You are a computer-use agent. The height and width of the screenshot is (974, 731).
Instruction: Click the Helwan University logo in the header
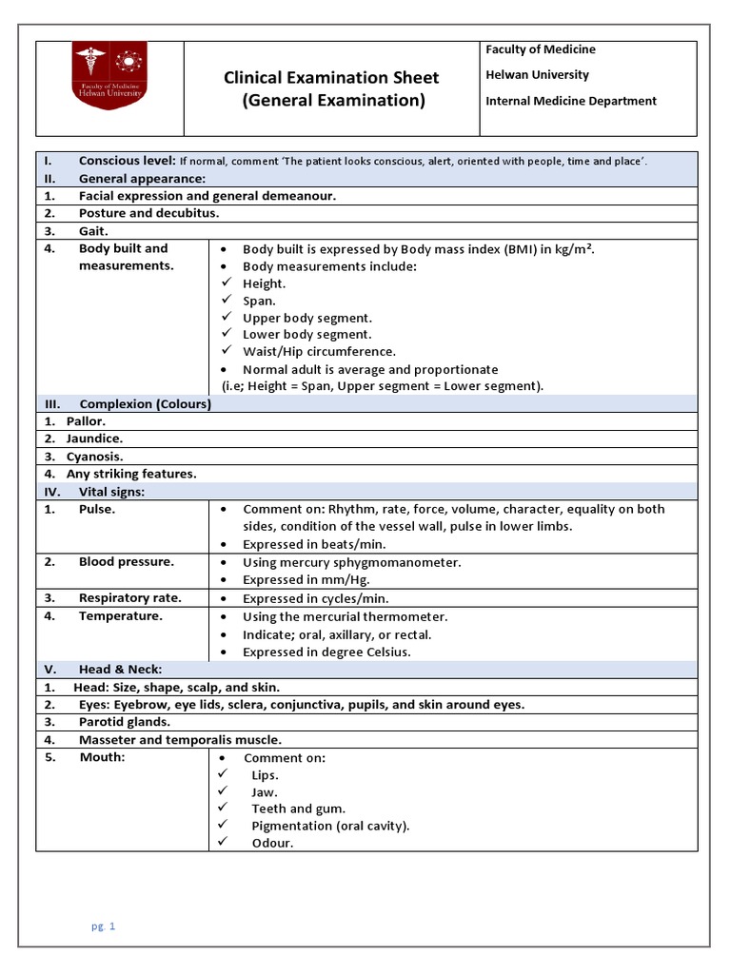(110, 75)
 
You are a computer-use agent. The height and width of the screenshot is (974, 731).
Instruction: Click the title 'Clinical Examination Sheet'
(331, 78)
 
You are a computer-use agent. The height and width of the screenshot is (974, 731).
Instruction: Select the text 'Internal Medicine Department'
(570, 101)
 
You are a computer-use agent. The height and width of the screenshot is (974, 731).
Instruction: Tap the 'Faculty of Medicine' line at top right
(540, 49)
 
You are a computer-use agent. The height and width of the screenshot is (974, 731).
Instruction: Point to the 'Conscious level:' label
(127, 161)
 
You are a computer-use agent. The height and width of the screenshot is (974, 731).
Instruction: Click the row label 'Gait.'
(93, 231)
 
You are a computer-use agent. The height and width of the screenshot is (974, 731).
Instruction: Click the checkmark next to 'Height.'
(226, 282)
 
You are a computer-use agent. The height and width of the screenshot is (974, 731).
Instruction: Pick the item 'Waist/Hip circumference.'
(319, 352)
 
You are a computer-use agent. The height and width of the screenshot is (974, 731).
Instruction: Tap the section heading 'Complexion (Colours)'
(145, 404)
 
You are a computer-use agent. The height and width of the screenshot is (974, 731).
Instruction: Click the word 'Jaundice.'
(94, 438)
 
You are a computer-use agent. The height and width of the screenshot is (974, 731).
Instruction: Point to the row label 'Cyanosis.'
(93, 457)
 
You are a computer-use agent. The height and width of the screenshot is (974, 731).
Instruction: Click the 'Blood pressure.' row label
(127, 562)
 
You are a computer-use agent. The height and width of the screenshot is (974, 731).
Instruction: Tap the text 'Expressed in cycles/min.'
(315, 599)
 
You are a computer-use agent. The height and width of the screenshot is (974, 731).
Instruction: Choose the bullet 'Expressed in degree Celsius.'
(326, 653)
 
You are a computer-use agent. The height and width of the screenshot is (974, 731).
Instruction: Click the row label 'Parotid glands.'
(125, 722)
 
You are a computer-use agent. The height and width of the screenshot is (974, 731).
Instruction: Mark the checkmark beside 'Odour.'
(226, 843)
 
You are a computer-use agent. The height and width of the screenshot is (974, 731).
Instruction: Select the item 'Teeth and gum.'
(298, 808)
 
